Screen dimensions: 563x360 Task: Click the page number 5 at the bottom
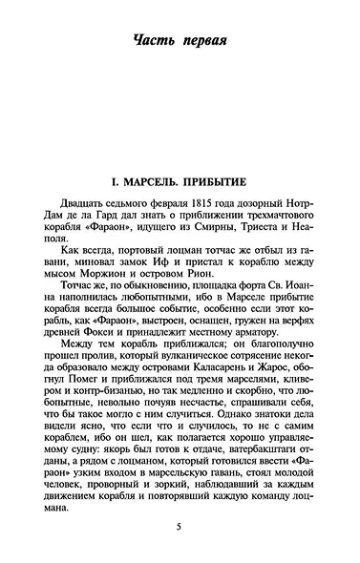coord(179,527)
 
